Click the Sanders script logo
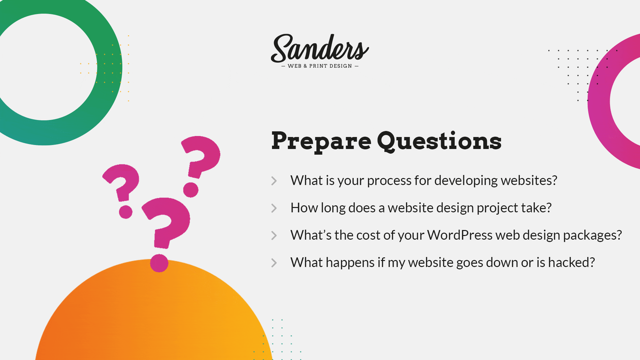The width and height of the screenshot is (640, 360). click(x=320, y=48)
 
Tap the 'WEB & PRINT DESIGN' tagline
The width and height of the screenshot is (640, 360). click(x=320, y=66)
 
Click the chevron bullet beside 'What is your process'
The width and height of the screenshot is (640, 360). click(x=274, y=181)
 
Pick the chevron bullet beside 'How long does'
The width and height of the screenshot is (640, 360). click(x=274, y=208)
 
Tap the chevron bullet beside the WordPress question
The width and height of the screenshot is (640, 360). click(x=274, y=235)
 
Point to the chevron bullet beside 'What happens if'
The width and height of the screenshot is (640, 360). click(x=274, y=263)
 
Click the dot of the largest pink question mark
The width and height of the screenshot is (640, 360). click(x=159, y=263)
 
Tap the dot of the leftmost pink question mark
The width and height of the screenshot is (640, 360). click(x=126, y=212)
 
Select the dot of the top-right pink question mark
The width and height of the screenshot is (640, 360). click(x=191, y=190)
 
